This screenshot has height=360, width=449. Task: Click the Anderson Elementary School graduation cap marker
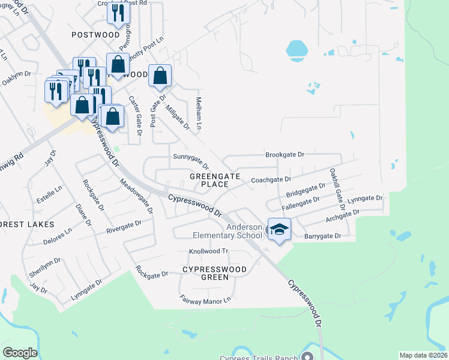[x=279, y=230]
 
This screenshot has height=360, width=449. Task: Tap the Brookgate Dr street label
[x=285, y=155]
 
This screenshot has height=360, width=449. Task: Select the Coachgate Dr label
[x=271, y=179]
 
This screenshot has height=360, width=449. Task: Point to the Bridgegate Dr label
[x=306, y=191]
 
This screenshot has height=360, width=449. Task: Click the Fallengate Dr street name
[x=303, y=203]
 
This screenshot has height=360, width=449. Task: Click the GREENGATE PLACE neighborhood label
[x=215, y=180]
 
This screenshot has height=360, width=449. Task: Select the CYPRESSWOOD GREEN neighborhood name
[x=214, y=273]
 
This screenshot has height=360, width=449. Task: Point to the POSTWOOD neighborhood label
[x=95, y=35]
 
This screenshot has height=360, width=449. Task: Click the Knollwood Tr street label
[x=209, y=251]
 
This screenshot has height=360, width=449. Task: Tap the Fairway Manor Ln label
[x=205, y=298]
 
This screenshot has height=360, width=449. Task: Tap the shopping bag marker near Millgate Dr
[x=160, y=77]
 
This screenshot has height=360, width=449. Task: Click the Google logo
[x=20, y=353]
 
